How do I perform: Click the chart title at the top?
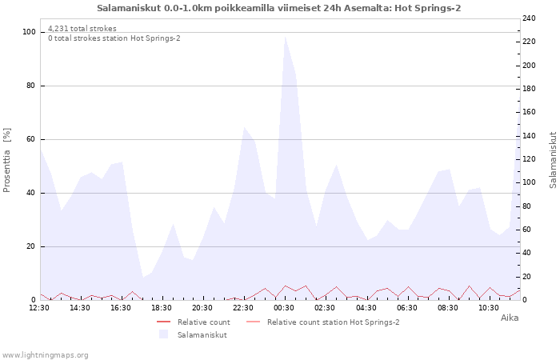[278, 8]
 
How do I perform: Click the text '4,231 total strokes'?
[82, 29]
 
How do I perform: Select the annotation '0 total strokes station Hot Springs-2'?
[114, 38]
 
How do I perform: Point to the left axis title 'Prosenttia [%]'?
[7, 160]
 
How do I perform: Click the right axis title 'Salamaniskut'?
[553, 160]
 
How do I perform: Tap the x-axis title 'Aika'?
[509, 318]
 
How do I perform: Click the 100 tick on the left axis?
[29, 32]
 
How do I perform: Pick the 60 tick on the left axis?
[31, 139]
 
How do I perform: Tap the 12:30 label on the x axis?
[39, 307]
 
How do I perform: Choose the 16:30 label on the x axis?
[121, 307]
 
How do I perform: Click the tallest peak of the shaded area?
[285, 38]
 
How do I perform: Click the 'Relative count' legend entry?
[202, 322]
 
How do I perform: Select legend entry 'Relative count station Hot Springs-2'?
[333, 322]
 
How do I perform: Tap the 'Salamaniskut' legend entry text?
[202, 334]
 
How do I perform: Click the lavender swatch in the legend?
[163, 334]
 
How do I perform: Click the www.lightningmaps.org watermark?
[45, 354]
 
